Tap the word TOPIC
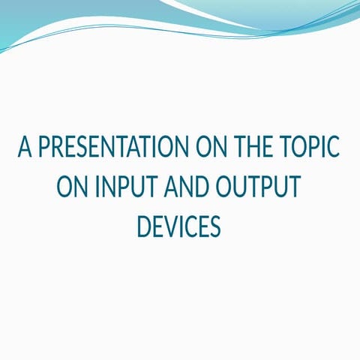309,148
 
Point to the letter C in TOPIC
334,148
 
